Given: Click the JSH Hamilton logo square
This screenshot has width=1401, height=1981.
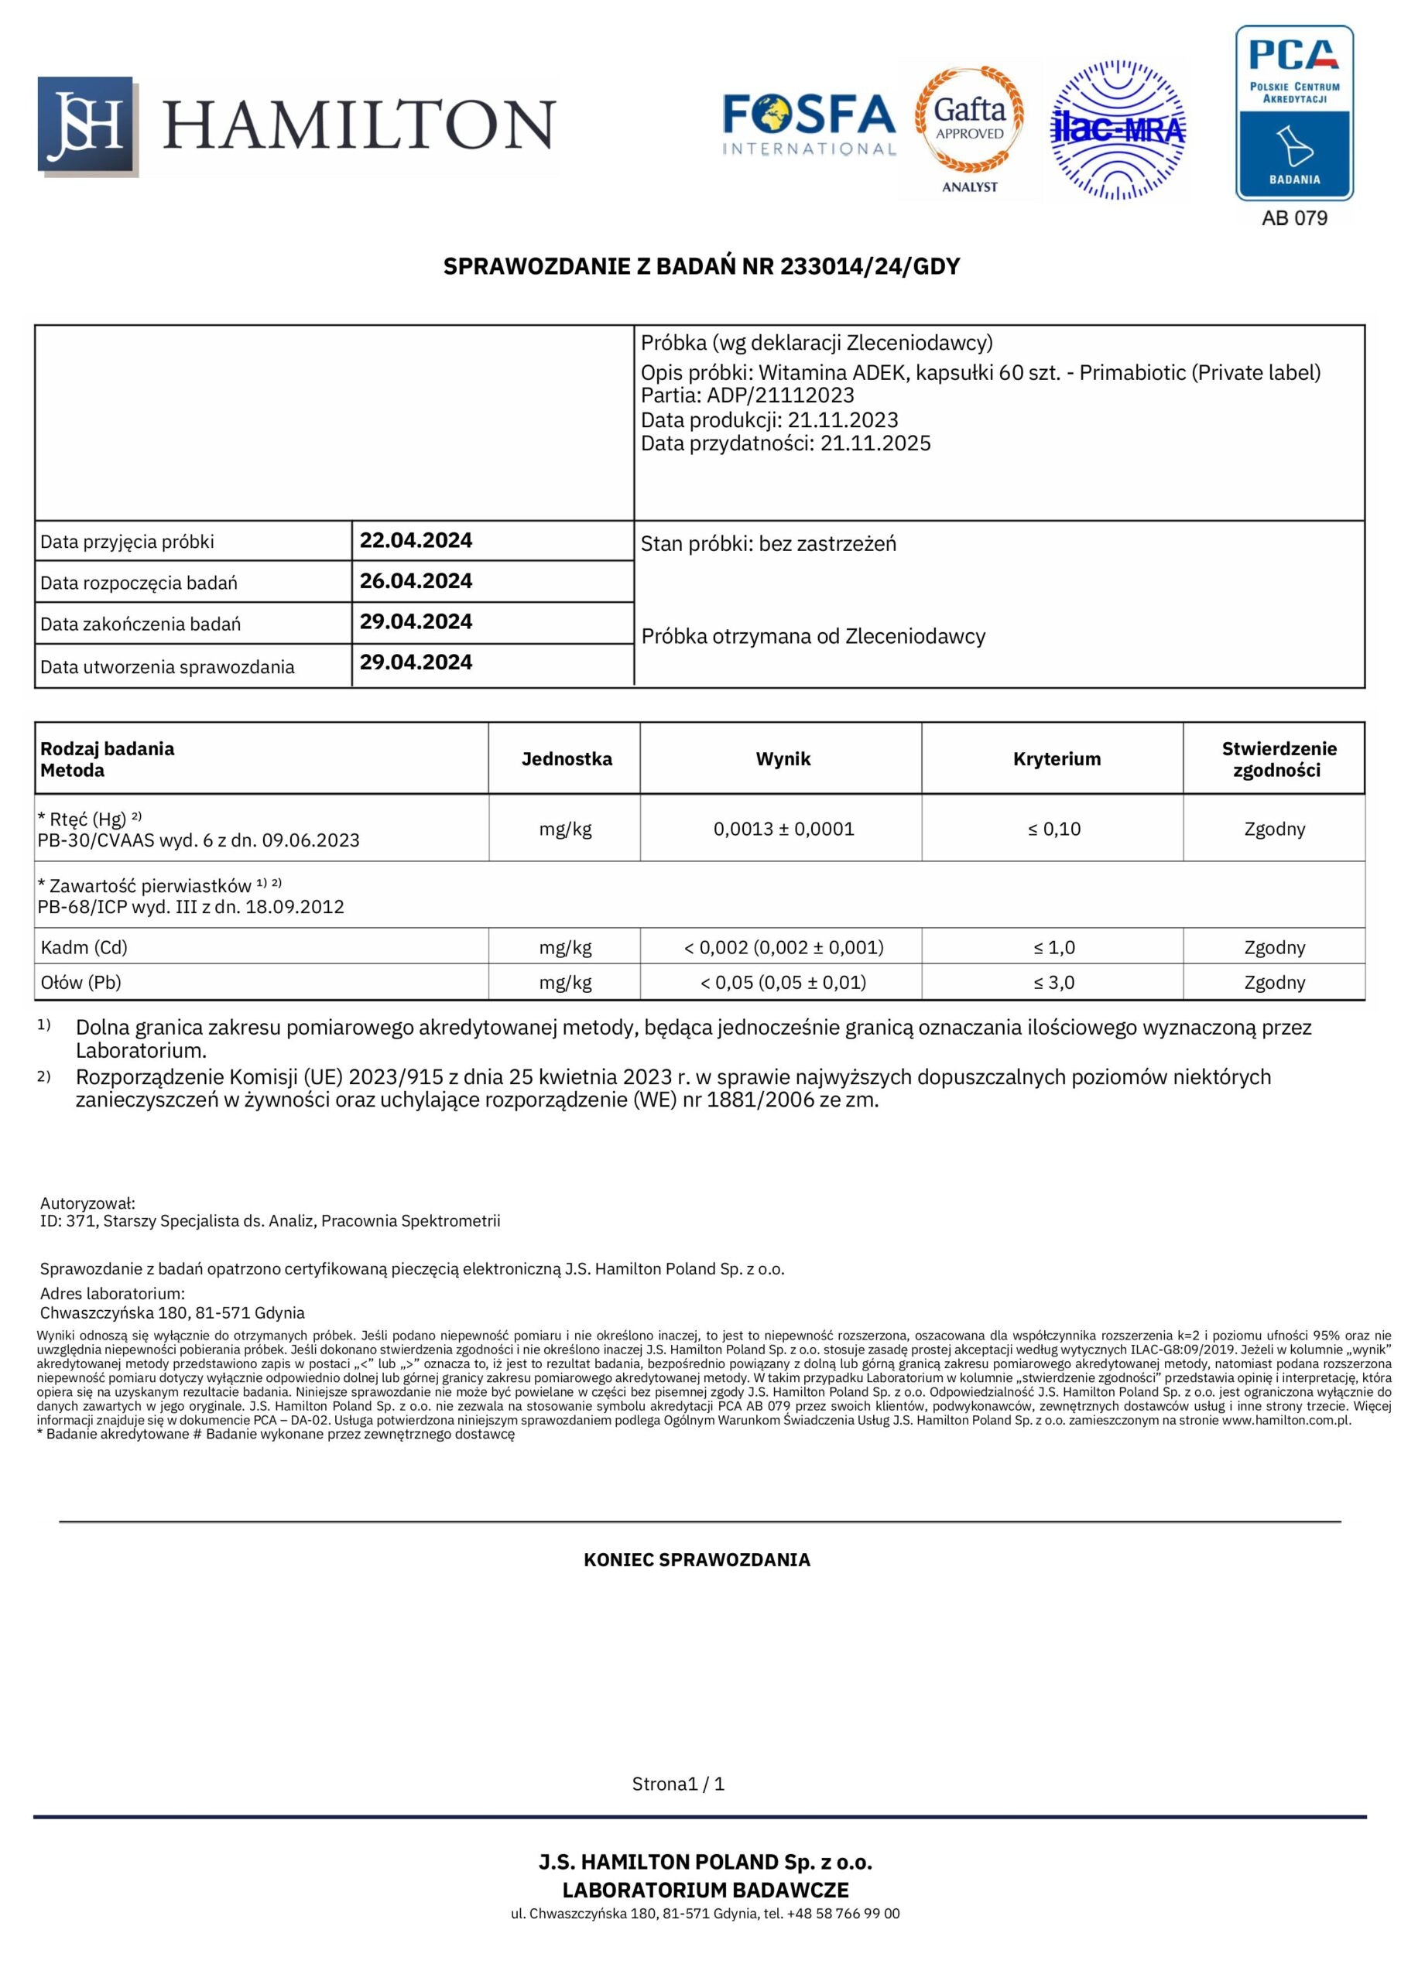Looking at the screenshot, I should tap(87, 125).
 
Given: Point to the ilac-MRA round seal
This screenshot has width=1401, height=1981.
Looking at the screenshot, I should tap(1118, 129).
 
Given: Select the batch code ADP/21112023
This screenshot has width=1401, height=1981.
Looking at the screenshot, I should tap(780, 395).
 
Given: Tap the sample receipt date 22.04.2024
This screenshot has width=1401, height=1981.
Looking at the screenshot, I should tap(416, 541).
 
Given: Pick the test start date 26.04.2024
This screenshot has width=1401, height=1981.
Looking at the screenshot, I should tap(416, 581).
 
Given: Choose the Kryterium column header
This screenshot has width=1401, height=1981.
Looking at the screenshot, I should tap(1057, 759).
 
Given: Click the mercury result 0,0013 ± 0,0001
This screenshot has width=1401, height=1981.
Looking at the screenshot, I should tap(783, 829).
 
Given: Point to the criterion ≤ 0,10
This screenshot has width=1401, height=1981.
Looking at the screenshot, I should tap(1054, 829).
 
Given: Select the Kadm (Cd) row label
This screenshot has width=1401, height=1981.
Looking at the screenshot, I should tap(84, 947).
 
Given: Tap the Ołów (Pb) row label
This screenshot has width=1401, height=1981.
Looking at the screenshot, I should tap(81, 983).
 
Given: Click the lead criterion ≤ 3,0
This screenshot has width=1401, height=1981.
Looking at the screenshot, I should tap(1054, 983).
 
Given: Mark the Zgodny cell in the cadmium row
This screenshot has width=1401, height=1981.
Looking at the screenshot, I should tap(1274, 947).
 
